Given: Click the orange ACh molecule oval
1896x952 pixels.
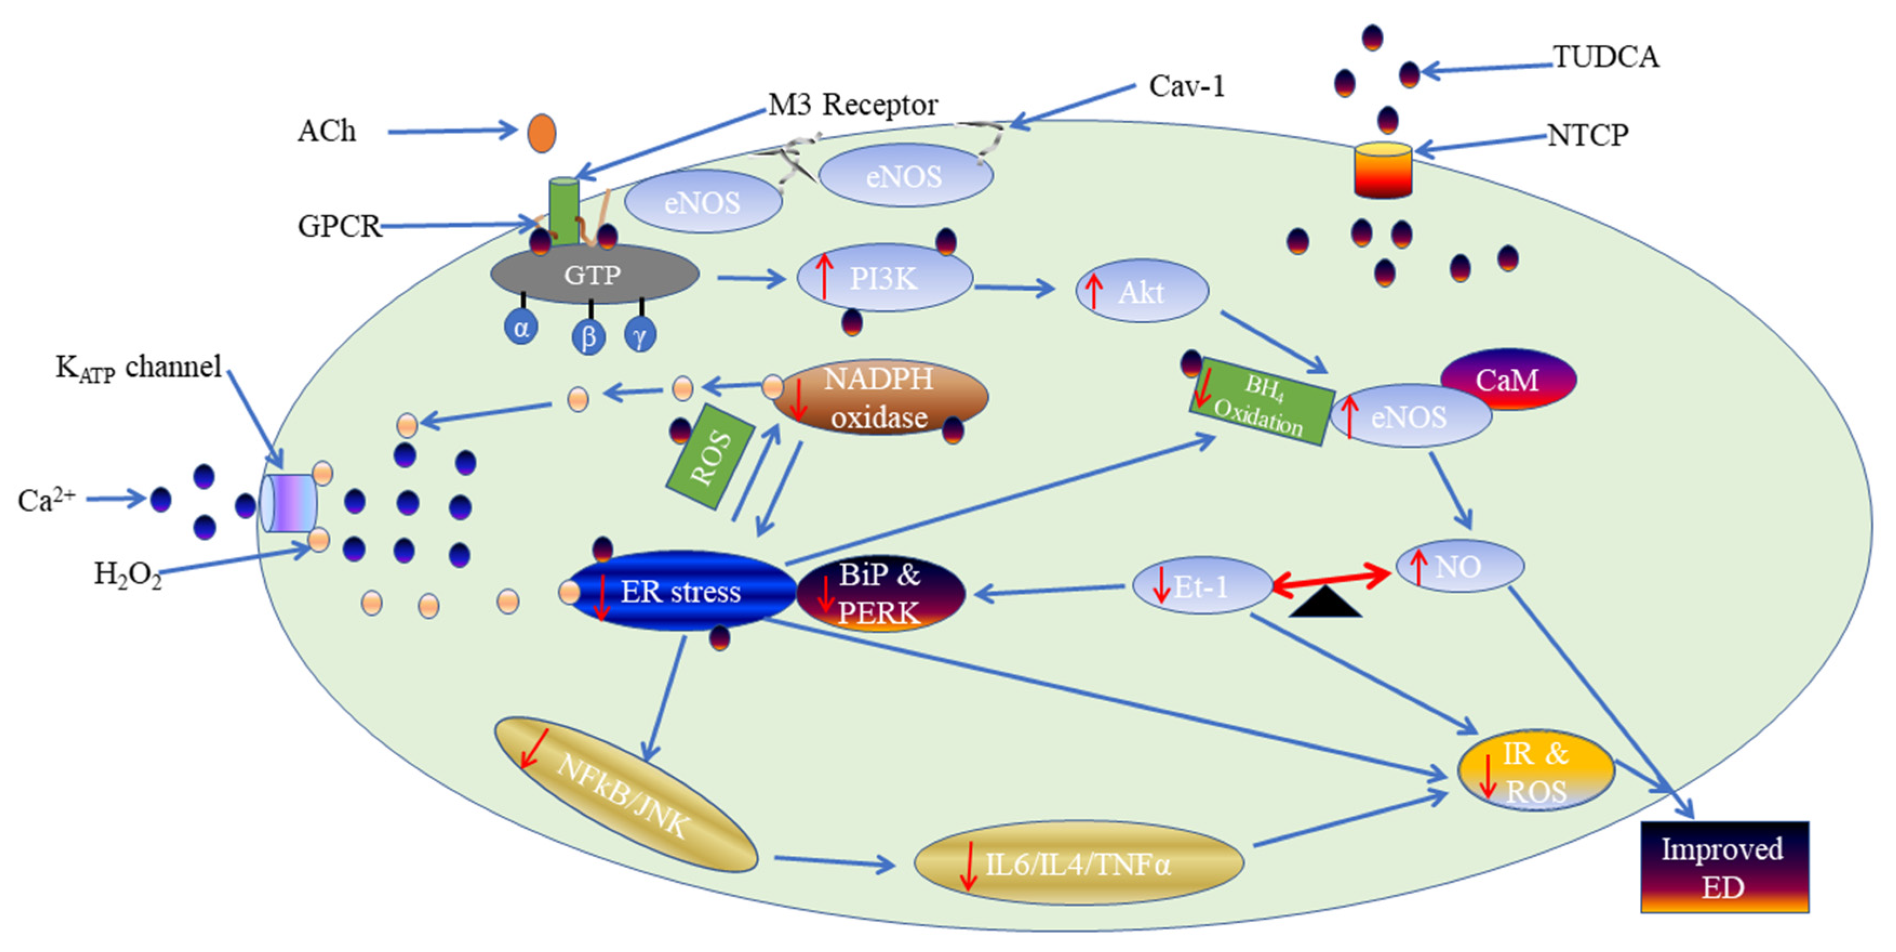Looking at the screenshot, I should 542,134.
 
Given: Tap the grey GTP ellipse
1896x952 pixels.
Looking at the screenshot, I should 594,275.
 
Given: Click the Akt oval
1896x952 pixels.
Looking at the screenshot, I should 1142,291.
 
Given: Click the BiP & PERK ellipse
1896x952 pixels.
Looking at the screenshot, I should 880,594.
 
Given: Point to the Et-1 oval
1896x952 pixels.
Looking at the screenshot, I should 1201,586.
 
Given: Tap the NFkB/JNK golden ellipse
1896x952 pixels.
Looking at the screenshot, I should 626,795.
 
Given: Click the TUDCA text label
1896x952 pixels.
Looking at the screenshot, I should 1606,57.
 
